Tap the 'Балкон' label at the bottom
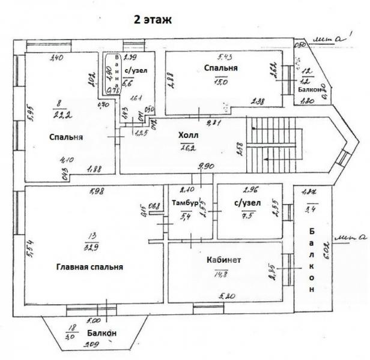(x=101, y=333)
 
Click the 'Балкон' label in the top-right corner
(x=309, y=89)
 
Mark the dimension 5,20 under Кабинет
(x=227, y=296)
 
